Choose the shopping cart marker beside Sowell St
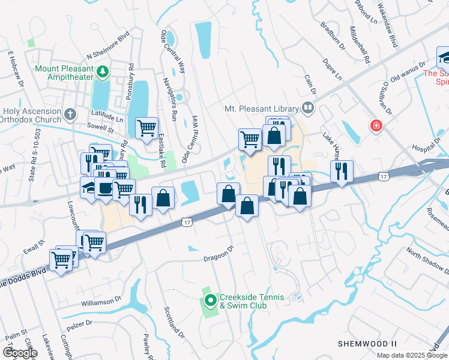point(146,128)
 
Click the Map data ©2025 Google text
point(411,355)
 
